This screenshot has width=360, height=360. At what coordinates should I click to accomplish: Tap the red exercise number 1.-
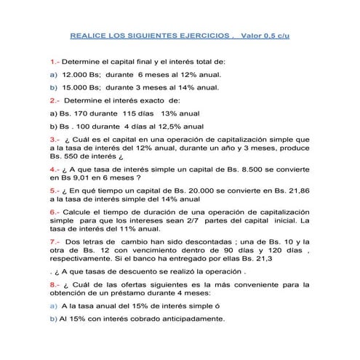[55, 63]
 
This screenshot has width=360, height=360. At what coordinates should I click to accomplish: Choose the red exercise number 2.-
[55, 100]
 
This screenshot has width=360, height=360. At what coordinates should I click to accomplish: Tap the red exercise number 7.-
[55, 241]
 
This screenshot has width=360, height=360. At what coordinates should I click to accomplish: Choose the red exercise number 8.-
[55, 284]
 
